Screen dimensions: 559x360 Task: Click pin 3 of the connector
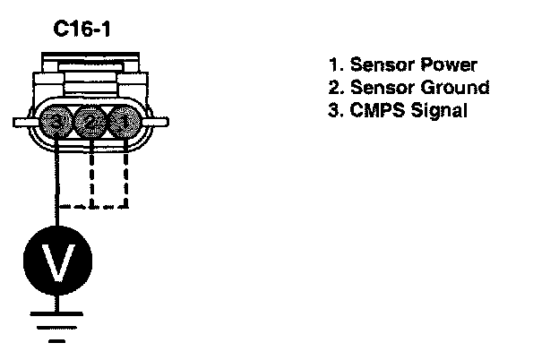57,121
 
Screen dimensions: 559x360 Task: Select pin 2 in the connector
88,121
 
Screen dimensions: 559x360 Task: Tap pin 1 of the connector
121,121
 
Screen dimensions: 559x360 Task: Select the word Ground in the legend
457,88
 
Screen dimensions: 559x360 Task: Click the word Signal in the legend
439,111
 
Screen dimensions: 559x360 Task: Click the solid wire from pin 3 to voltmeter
58,179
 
